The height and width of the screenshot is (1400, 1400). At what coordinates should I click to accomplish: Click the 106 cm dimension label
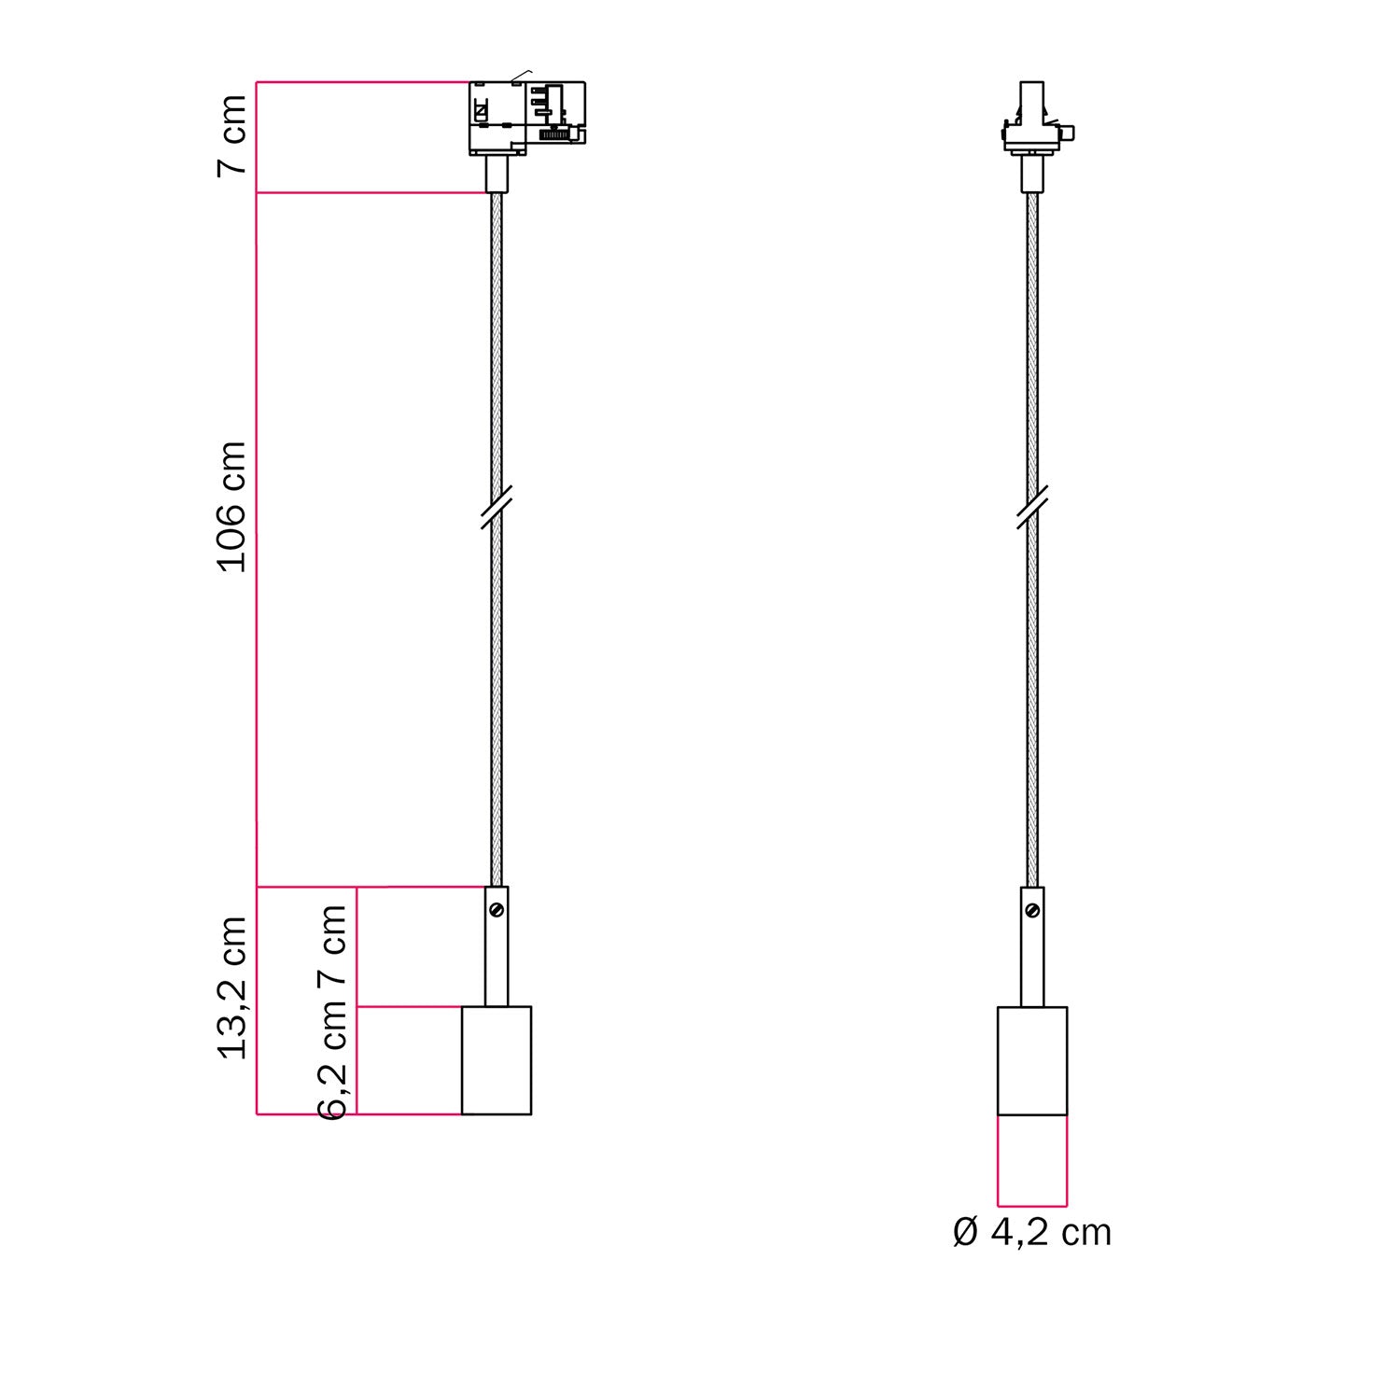pyautogui.click(x=231, y=507)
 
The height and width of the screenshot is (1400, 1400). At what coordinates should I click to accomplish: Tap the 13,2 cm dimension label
pyautogui.click(x=231, y=987)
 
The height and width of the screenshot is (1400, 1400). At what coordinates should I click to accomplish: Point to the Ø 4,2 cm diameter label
pyautogui.click(x=1031, y=1232)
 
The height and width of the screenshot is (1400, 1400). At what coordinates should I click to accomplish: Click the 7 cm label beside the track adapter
pyautogui.click(x=231, y=134)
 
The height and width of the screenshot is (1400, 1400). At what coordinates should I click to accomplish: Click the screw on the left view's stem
pyautogui.click(x=497, y=908)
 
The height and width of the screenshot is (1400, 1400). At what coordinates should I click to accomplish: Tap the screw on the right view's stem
pyautogui.click(x=1032, y=909)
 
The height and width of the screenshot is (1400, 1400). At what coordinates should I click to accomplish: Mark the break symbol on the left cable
pyautogui.click(x=497, y=507)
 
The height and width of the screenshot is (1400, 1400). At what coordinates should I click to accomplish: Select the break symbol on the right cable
pyautogui.click(x=1032, y=507)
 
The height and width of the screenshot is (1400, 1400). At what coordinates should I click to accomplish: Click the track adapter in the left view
pyautogui.click(x=526, y=118)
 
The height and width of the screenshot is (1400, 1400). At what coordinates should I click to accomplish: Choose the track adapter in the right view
pyautogui.click(x=1032, y=121)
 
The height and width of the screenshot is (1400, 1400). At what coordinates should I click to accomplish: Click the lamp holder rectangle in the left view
pyautogui.click(x=497, y=1060)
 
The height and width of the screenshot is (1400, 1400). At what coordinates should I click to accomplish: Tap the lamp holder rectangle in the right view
pyautogui.click(x=1032, y=1060)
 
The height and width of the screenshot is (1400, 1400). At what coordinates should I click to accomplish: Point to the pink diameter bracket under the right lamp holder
pyautogui.click(x=1032, y=1204)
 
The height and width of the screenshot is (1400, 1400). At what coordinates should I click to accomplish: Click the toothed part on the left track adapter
pyautogui.click(x=554, y=135)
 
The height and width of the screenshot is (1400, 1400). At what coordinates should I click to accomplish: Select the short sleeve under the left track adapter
pyautogui.click(x=497, y=174)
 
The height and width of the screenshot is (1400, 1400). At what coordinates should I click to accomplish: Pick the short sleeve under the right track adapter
pyautogui.click(x=1032, y=174)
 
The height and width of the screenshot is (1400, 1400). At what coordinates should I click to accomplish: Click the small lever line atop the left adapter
pyautogui.click(x=521, y=75)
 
